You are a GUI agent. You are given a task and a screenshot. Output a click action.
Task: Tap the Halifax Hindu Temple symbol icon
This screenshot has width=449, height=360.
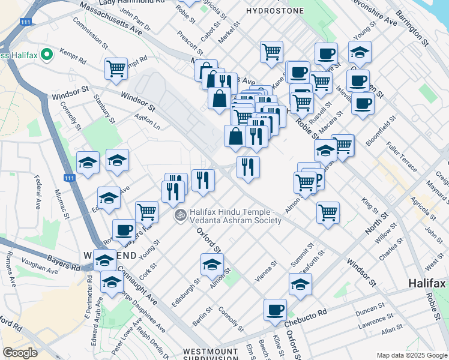(179, 214)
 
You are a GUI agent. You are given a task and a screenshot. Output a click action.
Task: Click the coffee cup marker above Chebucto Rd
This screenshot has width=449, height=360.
(275, 310)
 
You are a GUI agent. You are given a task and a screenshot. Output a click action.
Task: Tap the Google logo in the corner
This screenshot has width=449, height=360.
(20, 352)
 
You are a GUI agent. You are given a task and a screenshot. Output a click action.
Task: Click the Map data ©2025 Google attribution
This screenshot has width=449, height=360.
(411, 355)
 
